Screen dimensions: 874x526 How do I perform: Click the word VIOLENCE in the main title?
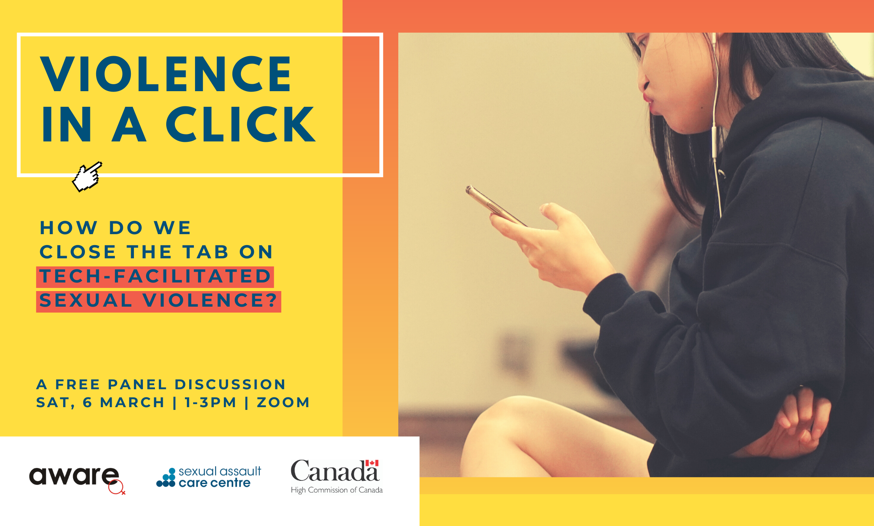(x=166, y=74)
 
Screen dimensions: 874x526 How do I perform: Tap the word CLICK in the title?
(x=241, y=124)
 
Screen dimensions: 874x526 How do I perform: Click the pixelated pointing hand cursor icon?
(x=87, y=177)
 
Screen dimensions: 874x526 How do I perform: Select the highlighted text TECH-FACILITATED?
(x=155, y=276)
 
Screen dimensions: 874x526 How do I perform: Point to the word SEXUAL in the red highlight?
(x=86, y=300)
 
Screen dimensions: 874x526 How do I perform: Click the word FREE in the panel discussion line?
(x=78, y=385)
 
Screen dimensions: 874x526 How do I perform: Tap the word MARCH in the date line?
(x=132, y=402)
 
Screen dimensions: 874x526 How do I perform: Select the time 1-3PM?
(x=211, y=402)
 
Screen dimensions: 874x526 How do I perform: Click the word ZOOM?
(x=283, y=402)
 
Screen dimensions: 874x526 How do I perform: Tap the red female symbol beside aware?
(x=116, y=487)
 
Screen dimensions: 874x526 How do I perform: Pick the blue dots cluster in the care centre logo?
(x=166, y=478)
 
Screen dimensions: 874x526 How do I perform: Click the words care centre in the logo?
(x=215, y=483)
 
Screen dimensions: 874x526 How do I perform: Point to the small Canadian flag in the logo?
(x=372, y=463)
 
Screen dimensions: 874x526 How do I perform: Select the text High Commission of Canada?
(x=337, y=490)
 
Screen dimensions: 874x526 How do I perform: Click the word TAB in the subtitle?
(x=206, y=252)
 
